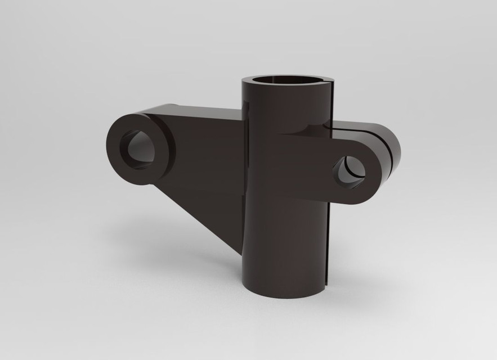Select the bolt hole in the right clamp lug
coord(350,171)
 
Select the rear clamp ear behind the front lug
coord(391,152)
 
